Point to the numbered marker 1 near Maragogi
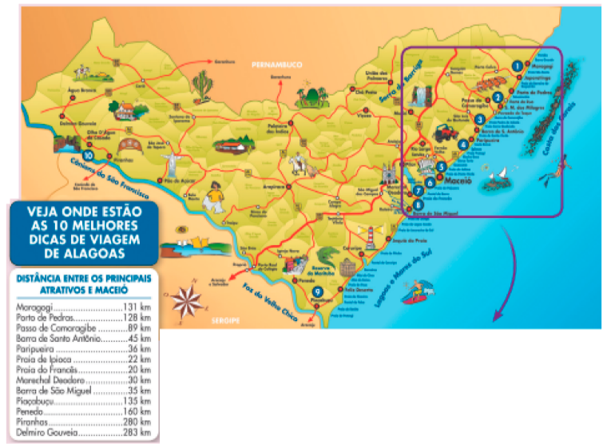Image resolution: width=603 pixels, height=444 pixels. [518, 65]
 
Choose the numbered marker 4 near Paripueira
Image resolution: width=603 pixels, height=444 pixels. [463, 145]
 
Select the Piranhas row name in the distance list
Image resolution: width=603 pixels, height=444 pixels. [34, 422]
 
